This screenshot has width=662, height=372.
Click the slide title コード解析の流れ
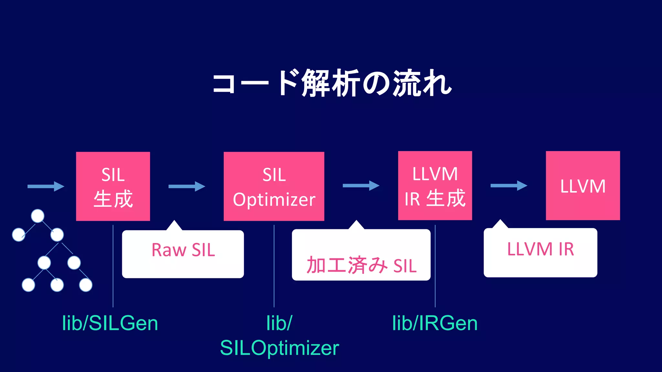(x=332, y=83)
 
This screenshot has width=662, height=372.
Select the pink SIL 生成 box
(x=113, y=186)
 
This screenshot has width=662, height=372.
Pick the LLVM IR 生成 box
(x=435, y=186)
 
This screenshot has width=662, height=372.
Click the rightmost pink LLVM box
(x=583, y=186)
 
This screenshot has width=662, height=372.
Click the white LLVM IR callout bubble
(x=540, y=253)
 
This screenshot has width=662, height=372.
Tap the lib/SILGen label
(x=110, y=323)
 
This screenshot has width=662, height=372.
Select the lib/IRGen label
(x=435, y=323)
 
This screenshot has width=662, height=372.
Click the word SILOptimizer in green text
(x=279, y=348)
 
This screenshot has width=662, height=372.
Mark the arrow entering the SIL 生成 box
(x=46, y=186)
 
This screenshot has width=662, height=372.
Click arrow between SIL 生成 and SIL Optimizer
(x=187, y=186)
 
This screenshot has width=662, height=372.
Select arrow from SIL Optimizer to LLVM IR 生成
(x=361, y=186)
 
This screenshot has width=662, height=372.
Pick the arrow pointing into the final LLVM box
(x=508, y=186)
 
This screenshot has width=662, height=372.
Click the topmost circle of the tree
(x=37, y=216)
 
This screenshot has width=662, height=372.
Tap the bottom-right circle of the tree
(x=86, y=285)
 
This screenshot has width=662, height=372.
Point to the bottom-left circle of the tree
(x=28, y=285)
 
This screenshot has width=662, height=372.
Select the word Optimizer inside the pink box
(x=274, y=200)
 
